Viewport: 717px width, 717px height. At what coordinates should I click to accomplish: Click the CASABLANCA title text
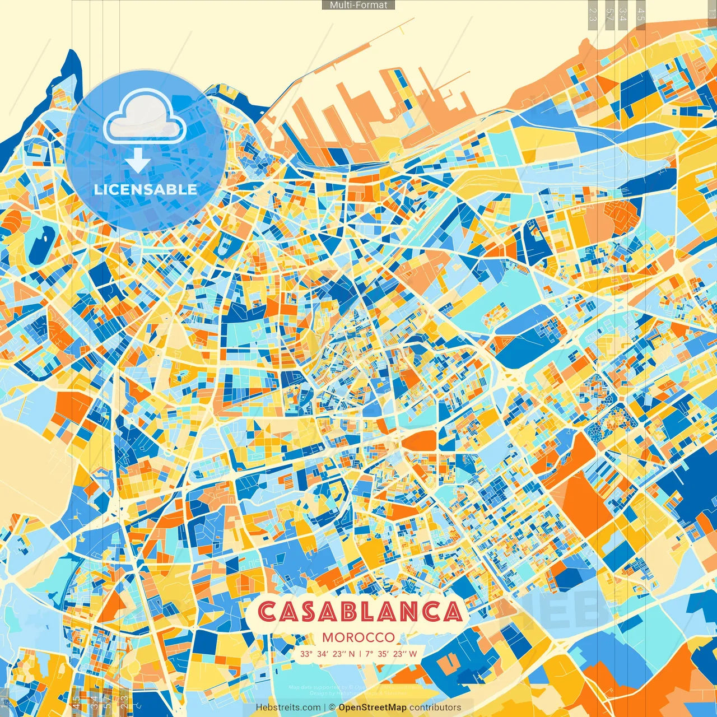[361, 612]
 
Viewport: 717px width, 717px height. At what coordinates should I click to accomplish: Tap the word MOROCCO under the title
[358, 637]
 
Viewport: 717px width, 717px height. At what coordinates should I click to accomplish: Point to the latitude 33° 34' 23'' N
[328, 654]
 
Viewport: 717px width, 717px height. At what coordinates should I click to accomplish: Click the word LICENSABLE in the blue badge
[145, 189]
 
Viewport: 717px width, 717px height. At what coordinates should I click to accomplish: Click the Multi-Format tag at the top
[358, 5]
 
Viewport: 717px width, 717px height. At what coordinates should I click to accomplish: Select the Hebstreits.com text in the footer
[288, 707]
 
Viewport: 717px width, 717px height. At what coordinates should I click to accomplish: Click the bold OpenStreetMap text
[373, 707]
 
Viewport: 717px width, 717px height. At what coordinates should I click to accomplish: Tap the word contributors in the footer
[435, 707]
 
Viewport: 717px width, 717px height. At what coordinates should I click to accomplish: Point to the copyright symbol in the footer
[332, 707]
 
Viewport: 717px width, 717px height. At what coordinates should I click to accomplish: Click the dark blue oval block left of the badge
[40, 246]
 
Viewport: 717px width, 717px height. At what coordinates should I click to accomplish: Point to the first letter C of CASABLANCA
[268, 612]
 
